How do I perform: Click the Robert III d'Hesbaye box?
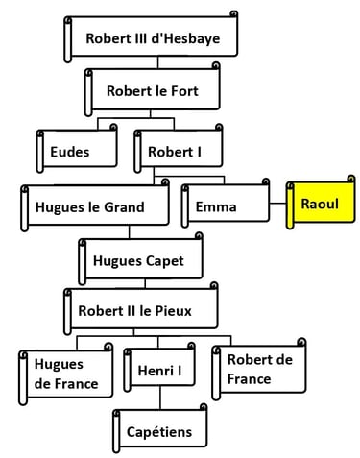click(x=152, y=39)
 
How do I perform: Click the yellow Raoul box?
click(x=322, y=205)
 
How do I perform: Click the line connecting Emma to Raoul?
click(x=278, y=205)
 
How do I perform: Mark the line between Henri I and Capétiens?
click(x=160, y=400)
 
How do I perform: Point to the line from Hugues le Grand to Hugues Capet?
click(x=132, y=233)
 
